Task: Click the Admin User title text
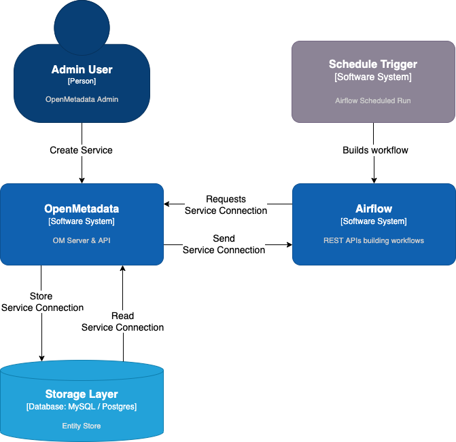(82, 69)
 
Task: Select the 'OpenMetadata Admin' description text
(82, 99)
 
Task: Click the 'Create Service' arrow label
(82, 150)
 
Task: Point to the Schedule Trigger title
(373, 65)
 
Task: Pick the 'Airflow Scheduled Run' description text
(373, 100)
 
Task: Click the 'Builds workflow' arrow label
(375, 150)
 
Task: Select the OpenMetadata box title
(82, 209)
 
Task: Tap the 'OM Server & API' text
(82, 240)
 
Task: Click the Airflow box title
(374, 209)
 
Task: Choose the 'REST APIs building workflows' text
(374, 240)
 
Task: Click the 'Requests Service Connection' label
(226, 205)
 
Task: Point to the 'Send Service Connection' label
(224, 244)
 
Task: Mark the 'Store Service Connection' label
(42, 302)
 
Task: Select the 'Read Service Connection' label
(122, 322)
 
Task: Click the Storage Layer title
(82, 394)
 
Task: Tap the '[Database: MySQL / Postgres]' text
(82, 407)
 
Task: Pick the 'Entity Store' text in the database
(82, 426)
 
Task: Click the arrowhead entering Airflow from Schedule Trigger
(373, 180)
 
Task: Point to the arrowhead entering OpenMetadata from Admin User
(82, 180)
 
